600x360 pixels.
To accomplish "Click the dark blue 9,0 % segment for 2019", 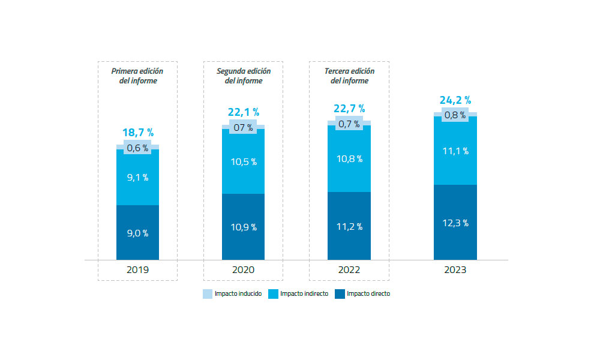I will click(137, 233).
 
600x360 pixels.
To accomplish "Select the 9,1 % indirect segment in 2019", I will click(137, 178).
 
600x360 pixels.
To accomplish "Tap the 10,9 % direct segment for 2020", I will click(243, 227).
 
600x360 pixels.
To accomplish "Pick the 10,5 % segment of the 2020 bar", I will click(243, 161).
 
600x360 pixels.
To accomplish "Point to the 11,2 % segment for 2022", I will click(349, 226).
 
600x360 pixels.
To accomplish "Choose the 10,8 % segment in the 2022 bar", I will click(349, 159).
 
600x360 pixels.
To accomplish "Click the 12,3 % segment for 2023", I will click(455, 223).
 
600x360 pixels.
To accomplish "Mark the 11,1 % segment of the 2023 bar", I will click(455, 151).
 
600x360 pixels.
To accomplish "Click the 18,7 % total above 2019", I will click(137, 133).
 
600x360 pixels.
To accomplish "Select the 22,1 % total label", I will click(243, 112).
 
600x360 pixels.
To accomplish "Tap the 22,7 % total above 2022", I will click(349, 109).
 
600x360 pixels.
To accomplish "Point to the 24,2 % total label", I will click(455, 100).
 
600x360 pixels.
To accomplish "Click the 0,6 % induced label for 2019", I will click(137, 148).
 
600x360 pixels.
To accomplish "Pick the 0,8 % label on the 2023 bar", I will click(455, 115).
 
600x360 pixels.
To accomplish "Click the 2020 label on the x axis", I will click(243, 270).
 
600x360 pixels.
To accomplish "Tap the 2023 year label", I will click(455, 270).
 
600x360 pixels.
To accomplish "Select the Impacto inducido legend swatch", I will click(208, 294).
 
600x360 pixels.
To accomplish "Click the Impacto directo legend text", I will click(368, 294).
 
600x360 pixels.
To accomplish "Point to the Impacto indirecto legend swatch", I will click(273, 294).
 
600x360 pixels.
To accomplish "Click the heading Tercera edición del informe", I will click(349, 76).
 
